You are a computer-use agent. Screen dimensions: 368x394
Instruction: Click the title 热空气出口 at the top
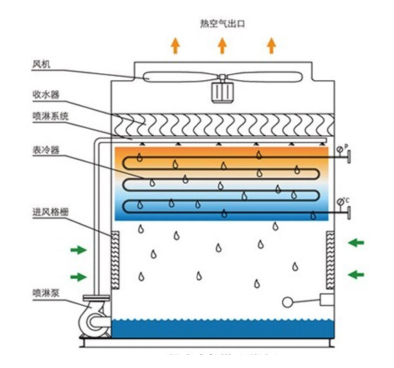pyautogui.click(x=223, y=24)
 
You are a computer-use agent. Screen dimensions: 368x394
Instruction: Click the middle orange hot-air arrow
pyautogui.click(x=222, y=46)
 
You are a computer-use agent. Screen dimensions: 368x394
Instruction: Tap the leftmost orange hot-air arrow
pyautogui.click(x=175, y=46)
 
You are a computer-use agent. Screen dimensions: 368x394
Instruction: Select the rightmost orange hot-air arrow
pyautogui.click(x=271, y=46)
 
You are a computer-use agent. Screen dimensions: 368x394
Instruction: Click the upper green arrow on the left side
pyautogui.click(x=78, y=250)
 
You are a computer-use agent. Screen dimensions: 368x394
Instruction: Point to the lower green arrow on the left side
pyautogui.click(x=78, y=277)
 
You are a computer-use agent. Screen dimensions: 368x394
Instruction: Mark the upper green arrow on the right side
pyautogui.click(x=356, y=243)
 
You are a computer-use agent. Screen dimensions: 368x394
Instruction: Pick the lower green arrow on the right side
pyautogui.click(x=356, y=274)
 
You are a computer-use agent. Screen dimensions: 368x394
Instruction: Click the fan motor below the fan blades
pyautogui.click(x=222, y=92)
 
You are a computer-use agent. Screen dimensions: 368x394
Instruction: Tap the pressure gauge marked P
pyautogui.click(x=340, y=149)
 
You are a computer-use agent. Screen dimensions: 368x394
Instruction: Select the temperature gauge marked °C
pyautogui.click(x=340, y=202)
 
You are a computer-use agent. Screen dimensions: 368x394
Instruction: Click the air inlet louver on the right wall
pyautogui.click(x=330, y=260)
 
